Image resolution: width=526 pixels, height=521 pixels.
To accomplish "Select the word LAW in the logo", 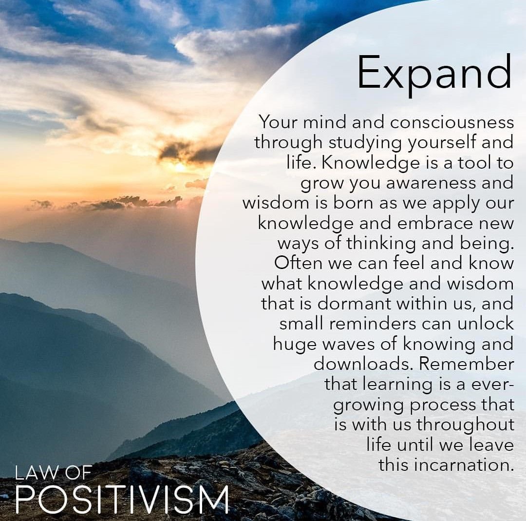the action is coord(36,473).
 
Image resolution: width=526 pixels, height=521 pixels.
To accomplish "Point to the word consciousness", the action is coord(452,122).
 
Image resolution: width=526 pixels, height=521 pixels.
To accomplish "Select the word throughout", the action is coord(465,425).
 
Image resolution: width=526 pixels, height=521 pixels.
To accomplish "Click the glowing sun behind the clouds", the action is coord(180,167).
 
